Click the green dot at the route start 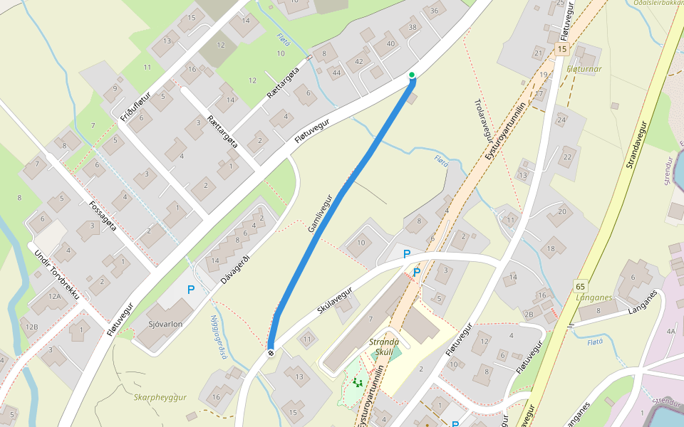tap(412, 75)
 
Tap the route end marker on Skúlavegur tap(271, 352)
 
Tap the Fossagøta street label tap(103, 216)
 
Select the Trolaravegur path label tap(483, 117)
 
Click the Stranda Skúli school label tap(383, 347)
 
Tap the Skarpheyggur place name tap(160, 397)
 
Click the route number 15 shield tap(562, 49)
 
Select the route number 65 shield tap(581, 286)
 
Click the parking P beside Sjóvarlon tap(191, 290)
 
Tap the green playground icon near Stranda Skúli tap(357, 383)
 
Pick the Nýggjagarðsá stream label tap(218, 336)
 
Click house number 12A tap(55, 296)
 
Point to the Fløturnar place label tap(584, 69)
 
